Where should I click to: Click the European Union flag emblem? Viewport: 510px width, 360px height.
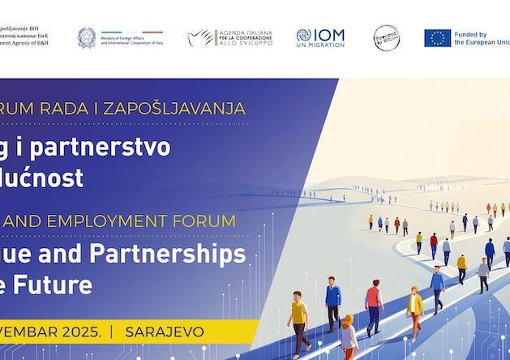pyautogui.click(x=437, y=37)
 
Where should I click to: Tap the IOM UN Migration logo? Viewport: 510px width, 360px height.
pyautogui.click(x=319, y=37)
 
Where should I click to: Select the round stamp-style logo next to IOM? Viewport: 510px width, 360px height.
pyautogui.click(x=386, y=37)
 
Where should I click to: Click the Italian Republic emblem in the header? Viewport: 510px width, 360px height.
pyautogui.click(x=86, y=37)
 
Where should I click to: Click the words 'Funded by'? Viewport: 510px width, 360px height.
pyautogui.click(x=470, y=34)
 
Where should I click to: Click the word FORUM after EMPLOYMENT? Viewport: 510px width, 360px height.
pyautogui.click(x=209, y=221)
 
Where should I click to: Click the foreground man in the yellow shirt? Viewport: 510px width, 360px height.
pyautogui.click(x=298, y=319)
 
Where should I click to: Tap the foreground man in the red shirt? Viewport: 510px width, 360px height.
pyautogui.click(x=373, y=304)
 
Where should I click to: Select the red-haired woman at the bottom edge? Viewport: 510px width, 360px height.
pyautogui.click(x=348, y=336)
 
